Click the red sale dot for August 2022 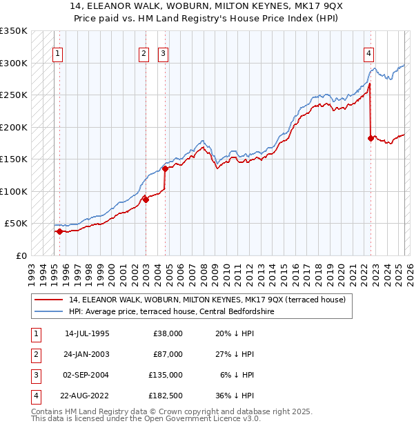(371, 138)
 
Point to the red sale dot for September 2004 (166, 168)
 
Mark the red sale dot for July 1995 (59, 231)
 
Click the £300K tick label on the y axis (14, 63)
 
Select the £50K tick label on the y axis (16, 224)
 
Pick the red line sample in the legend (50, 300)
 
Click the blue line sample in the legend (50, 312)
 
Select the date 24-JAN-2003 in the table (87, 354)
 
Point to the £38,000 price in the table (168, 333)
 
